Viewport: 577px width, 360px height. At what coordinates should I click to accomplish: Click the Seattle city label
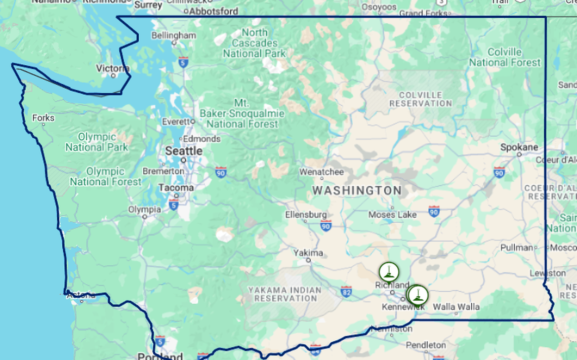pyautogui.click(x=184, y=151)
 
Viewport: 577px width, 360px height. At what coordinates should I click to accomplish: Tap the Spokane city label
pyautogui.click(x=519, y=147)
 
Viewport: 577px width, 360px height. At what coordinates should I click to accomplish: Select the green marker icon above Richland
pyautogui.click(x=389, y=272)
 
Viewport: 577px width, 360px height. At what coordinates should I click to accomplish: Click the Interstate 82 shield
pyautogui.click(x=346, y=292)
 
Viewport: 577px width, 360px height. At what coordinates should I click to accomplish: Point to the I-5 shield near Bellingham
pyautogui.click(x=183, y=62)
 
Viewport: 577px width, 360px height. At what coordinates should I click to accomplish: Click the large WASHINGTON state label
pyautogui.click(x=357, y=191)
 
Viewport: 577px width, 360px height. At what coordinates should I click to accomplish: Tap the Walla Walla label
pyautogui.click(x=456, y=306)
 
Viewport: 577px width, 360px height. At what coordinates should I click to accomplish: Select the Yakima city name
pyautogui.click(x=308, y=253)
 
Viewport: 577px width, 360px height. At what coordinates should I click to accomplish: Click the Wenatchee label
pyautogui.click(x=321, y=172)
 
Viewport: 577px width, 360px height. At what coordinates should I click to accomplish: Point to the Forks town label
pyautogui.click(x=43, y=117)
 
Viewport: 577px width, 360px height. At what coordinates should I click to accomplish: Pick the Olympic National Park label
pyautogui.click(x=97, y=142)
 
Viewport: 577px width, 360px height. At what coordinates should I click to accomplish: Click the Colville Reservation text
pyautogui.click(x=421, y=99)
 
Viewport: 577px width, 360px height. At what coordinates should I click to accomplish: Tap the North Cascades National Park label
pyautogui.click(x=255, y=43)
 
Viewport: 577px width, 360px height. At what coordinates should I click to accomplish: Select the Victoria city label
pyautogui.click(x=113, y=68)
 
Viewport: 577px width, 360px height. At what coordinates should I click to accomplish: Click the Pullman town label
pyautogui.click(x=517, y=248)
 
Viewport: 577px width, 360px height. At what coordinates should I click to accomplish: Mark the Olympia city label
pyautogui.click(x=144, y=209)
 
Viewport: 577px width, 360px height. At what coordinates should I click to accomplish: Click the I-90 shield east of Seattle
pyautogui.click(x=220, y=172)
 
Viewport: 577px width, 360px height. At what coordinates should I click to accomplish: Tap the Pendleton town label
pyautogui.click(x=426, y=345)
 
